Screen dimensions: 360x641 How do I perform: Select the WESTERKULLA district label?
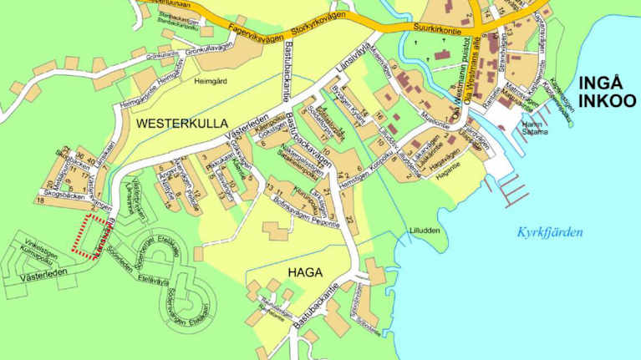pyautogui.click(x=181, y=124)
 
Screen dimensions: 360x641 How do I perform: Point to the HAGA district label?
pyautogui.click(x=305, y=271)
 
